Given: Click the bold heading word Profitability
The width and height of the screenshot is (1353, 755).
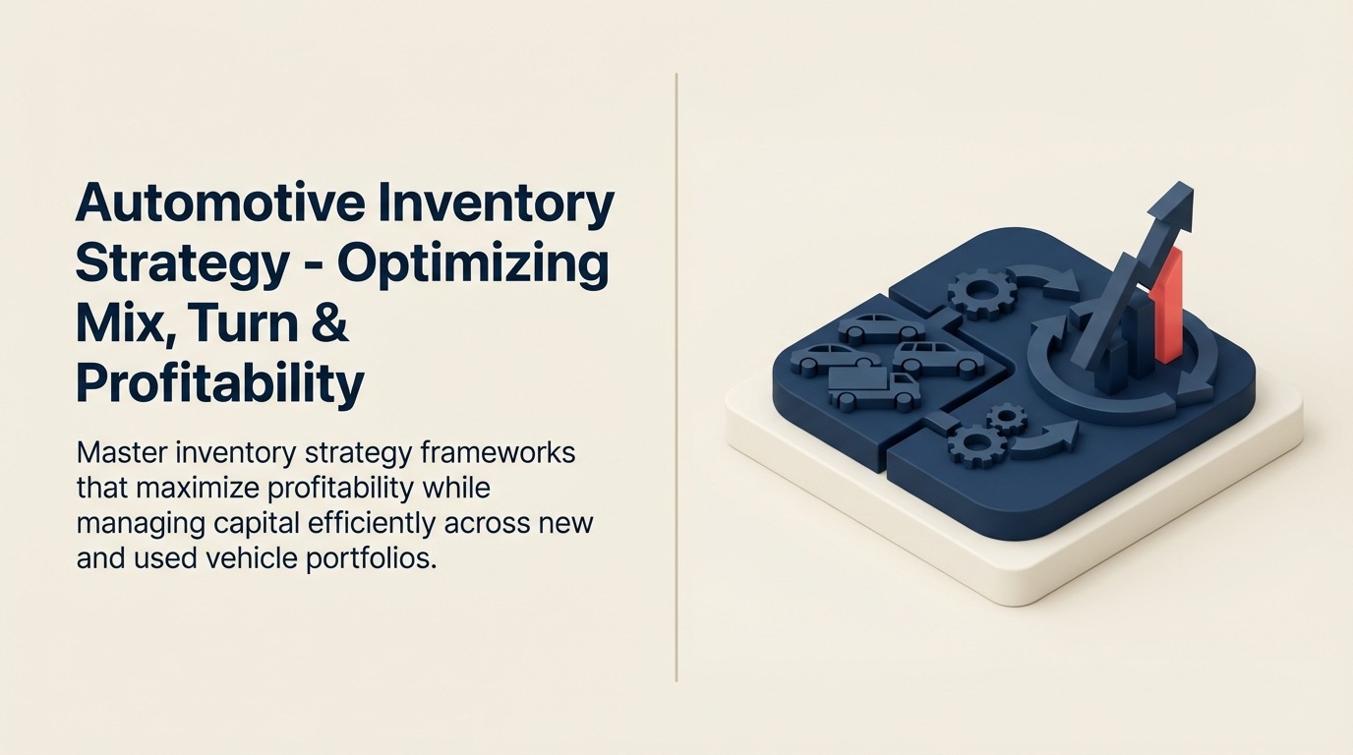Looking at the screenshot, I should click(x=219, y=384).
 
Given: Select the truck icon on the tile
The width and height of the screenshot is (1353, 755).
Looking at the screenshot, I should click(x=874, y=387).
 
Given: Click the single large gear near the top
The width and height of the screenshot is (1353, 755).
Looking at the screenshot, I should click(x=982, y=291).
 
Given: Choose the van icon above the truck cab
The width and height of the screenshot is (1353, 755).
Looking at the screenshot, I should click(x=937, y=359).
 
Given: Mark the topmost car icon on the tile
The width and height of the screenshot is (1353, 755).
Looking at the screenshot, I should click(x=880, y=327).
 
